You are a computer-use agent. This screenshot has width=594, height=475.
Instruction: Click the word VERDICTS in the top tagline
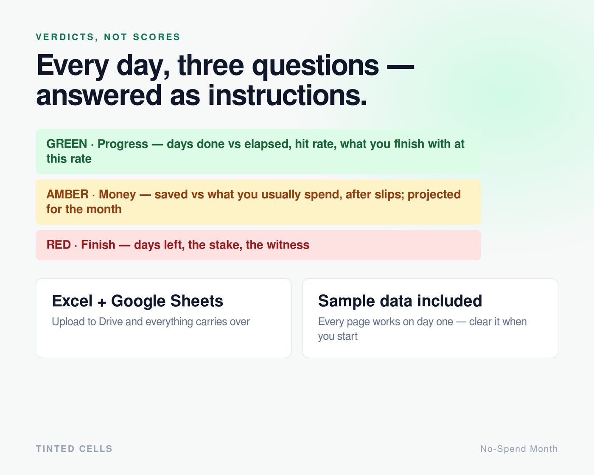[65, 37]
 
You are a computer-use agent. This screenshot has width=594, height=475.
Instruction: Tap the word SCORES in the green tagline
[157, 37]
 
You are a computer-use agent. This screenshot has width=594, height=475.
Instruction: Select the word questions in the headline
[315, 66]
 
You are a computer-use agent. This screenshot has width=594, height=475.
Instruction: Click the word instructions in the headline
[287, 95]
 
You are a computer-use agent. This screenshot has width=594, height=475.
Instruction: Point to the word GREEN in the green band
[67, 144]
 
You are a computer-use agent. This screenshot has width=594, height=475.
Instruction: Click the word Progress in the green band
[123, 144]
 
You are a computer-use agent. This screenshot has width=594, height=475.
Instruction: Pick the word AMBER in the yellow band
[67, 194]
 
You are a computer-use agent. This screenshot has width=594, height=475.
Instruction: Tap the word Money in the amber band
[117, 195]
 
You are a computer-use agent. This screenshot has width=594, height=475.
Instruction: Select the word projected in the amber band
[434, 195]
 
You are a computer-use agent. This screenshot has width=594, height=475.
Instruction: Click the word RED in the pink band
[59, 245]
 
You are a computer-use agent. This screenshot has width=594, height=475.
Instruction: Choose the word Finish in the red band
[98, 245]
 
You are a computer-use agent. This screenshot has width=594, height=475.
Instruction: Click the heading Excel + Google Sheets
[137, 301]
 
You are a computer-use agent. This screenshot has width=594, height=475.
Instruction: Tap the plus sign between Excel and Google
[102, 302]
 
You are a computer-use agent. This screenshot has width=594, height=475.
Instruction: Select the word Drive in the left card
[110, 321]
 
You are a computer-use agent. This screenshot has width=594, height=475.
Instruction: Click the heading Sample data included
[400, 301]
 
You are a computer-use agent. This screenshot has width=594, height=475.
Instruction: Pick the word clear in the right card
[480, 321]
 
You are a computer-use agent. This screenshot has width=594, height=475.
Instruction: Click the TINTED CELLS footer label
[74, 449]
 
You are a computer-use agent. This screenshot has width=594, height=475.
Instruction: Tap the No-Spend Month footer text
[519, 449]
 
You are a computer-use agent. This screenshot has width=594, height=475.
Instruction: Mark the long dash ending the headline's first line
[401, 66]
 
